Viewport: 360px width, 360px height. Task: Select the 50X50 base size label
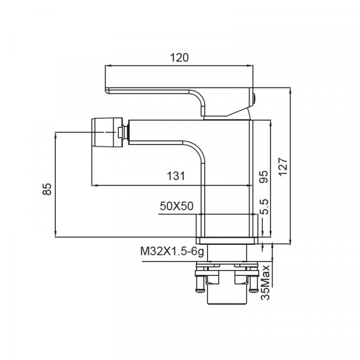(x=176, y=206)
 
